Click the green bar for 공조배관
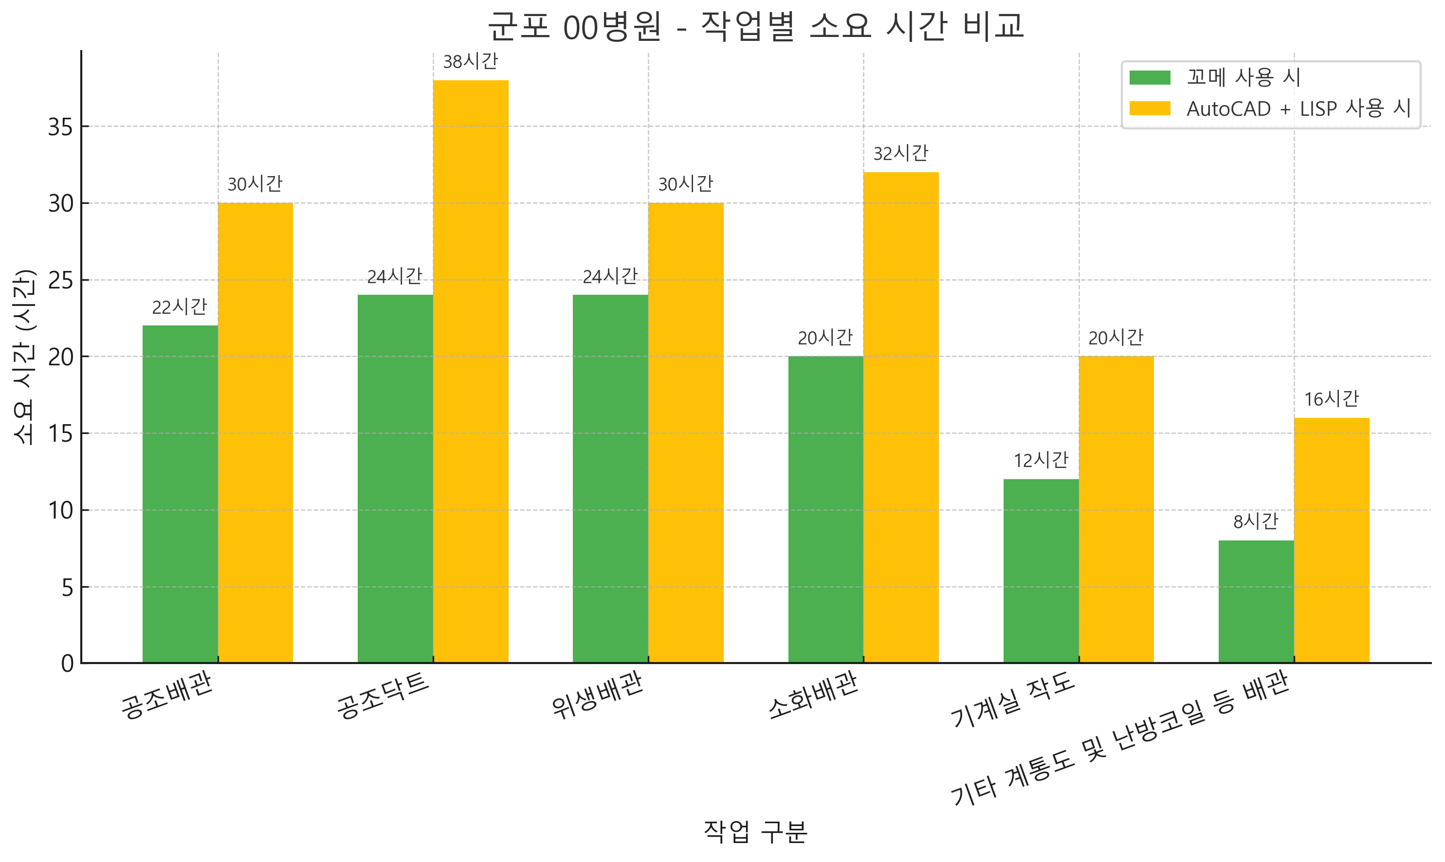click(180, 494)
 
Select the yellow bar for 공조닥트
click(471, 372)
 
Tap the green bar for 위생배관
click(610, 479)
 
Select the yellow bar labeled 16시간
click(1331, 540)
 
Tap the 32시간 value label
click(900, 154)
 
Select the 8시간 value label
click(1256, 521)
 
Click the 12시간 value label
click(1041, 461)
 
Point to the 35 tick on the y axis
click(61, 126)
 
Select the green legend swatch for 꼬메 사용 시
click(1149, 78)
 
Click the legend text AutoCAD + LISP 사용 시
click(1298, 108)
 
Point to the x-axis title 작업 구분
click(755, 832)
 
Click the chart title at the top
click(755, 27)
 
